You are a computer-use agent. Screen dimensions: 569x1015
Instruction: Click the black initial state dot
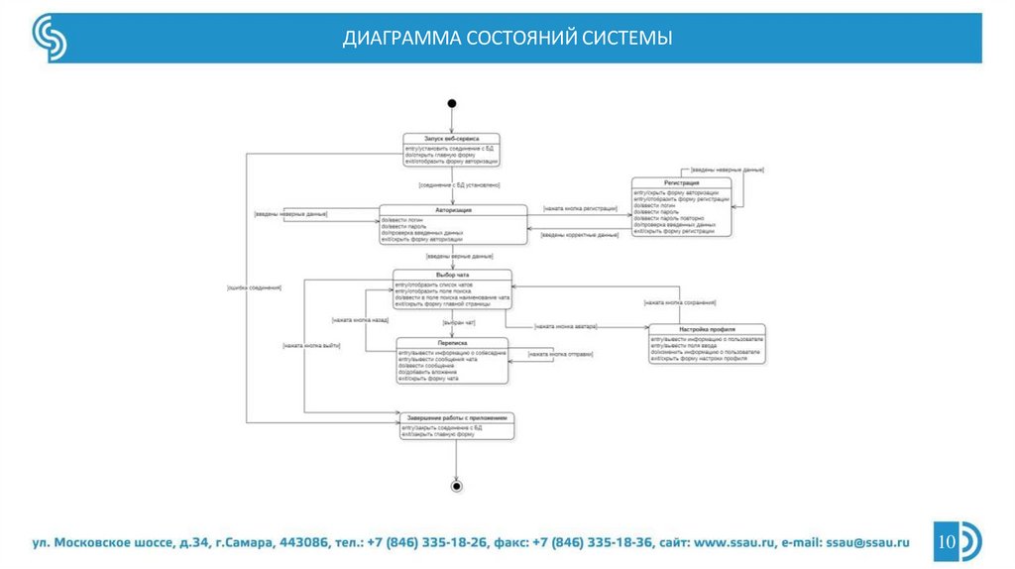[x=452, y=103]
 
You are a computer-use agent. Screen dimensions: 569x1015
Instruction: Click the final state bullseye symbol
[x=456, y=486]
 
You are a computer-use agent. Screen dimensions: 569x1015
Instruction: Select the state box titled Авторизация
[x=453, y=225]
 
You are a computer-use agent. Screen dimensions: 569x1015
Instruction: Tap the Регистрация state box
[x=681, y=207]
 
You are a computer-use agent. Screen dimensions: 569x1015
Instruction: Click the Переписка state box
[x=452, y=361]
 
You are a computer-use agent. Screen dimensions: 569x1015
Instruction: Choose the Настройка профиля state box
[x=707, y=344]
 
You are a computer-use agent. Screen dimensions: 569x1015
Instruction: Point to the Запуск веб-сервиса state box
[x=451, y=149]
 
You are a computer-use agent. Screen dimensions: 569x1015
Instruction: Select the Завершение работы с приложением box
[x=456, y=426]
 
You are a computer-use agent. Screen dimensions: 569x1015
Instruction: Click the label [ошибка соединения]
[x=255, y=287]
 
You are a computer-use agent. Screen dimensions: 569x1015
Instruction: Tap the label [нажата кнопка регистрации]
[x=580, y=209]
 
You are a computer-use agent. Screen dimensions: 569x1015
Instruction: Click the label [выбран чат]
[x=459, y=323]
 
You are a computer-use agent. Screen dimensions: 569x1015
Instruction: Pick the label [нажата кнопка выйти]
[x=311, y=345]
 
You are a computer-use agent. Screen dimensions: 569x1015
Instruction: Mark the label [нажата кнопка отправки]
[x=561, y=353]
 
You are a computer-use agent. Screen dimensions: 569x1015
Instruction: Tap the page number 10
[x=947, y=541]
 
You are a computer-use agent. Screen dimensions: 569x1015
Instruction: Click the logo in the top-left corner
[x=49, y=39]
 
